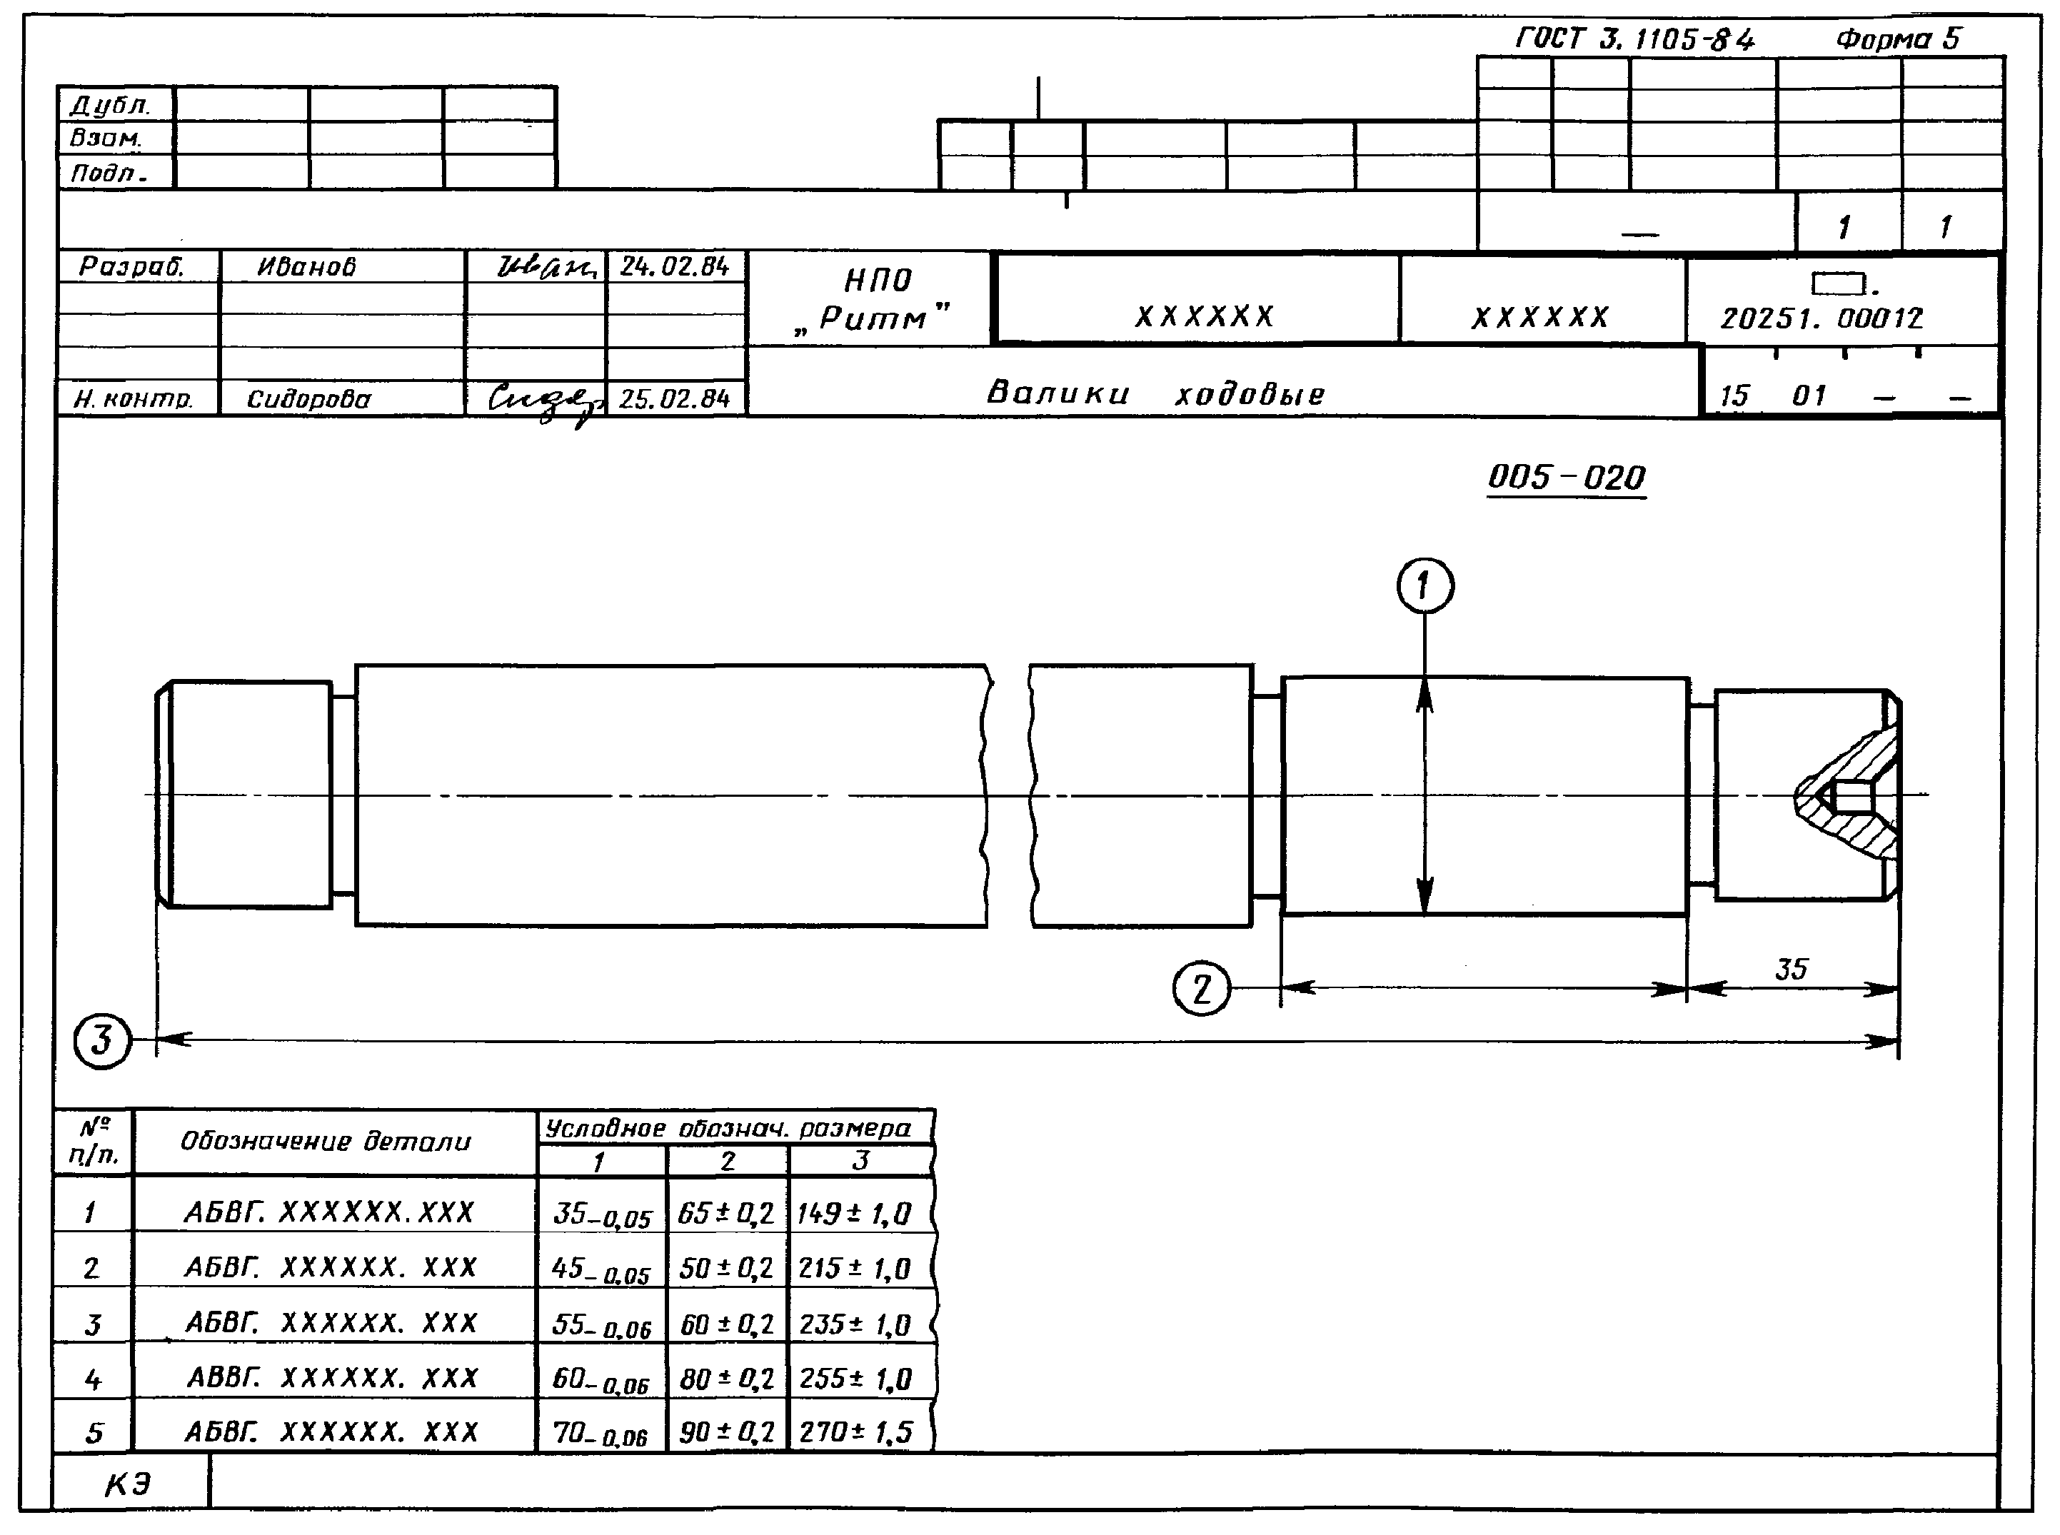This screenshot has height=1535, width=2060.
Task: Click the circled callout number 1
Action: (1425, 586)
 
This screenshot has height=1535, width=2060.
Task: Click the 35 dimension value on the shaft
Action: (1791, 969)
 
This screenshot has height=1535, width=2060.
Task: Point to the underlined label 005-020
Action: (1567, 478)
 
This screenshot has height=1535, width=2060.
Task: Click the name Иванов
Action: (306, 268)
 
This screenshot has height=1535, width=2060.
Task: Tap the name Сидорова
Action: (308, 400)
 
